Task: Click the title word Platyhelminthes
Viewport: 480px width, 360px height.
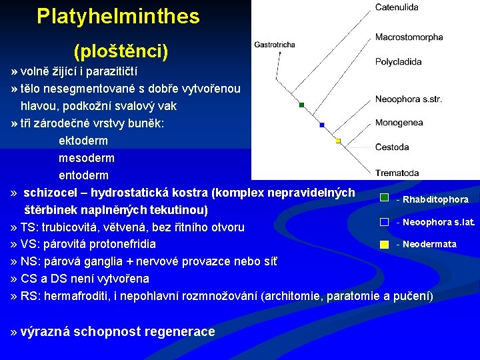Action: (x=118, y=17)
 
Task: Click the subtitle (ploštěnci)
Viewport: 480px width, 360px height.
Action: (x=121, y=50)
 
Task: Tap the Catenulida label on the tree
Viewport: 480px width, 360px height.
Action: (x=397, y=7)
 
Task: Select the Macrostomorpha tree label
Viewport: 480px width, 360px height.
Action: (x=409, y=37)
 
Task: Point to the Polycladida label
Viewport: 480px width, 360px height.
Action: (x=398, y=62)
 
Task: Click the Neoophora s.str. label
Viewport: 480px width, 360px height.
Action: (x=408, y=99)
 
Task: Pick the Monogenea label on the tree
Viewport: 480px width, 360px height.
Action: (x=399, y=123)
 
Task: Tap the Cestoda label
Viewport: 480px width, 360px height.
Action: (x=392, y=147)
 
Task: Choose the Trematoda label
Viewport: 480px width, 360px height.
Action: (x=397, y=173)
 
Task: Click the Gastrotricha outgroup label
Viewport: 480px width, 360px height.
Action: (x=274, y=45)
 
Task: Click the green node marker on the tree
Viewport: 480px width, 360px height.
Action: (x=302, y=105)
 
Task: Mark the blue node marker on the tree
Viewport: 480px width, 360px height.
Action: (x=322, y=125)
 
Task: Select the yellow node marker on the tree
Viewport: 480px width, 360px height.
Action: (x=338, y=141)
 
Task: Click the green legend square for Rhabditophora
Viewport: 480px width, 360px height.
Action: (x=384, y=198)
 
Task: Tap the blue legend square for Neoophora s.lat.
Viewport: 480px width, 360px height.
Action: (x=384, y=221)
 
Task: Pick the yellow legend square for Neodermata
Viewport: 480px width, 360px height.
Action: (x=384, y=245)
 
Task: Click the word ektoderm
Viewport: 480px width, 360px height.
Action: (x=83, y=141)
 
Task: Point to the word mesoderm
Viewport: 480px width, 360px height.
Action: (x=87, y=158)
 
